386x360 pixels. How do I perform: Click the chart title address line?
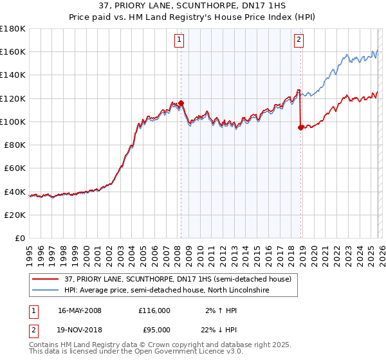click(x=193, y=6)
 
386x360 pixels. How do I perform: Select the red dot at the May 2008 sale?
click(x=181, y=103)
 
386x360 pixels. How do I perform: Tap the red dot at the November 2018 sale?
click(x=300, y=127)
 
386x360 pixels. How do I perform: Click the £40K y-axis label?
click(x=15, y=192)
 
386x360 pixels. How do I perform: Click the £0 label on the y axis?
click(x=21, y=238)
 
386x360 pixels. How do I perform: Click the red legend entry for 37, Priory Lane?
click(x=177, y=278)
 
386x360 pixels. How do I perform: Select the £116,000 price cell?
click(x=154, y=310)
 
